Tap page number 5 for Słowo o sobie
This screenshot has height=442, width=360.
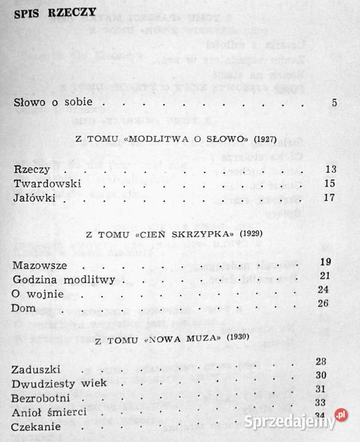(334, 103)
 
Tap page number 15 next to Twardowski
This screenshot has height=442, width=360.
(329, 184)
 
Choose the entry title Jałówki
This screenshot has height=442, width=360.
(34, 198)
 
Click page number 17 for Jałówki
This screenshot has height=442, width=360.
(329, 198)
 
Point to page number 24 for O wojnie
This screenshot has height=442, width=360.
(325, 290)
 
